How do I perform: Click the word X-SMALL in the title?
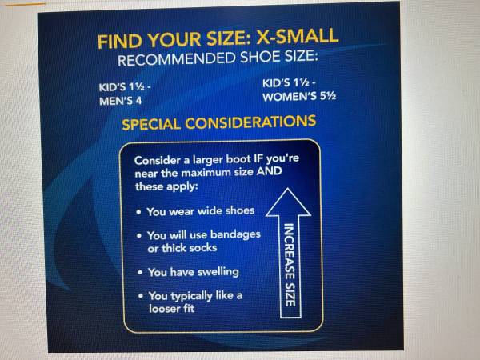tap(297, 36)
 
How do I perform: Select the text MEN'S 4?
tap(121, 101)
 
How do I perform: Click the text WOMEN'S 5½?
tap(299, 97)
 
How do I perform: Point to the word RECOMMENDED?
tap(177, 59)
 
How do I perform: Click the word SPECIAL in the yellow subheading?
tap(151, 124)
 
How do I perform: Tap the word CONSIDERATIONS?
tap(250, 122)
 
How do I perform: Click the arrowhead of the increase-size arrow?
tap(288, 202)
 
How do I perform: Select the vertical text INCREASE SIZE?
tap(290, 265)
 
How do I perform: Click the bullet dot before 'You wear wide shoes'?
tap(139, 212)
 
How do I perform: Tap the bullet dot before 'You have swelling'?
tap(140, 272)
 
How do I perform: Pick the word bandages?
tap(235, 234)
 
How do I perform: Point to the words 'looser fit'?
tap(171, 308)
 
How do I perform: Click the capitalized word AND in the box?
tap(269, 171)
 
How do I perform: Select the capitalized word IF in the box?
tap(258, 158)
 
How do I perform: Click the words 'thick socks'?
tap(189, 248)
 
